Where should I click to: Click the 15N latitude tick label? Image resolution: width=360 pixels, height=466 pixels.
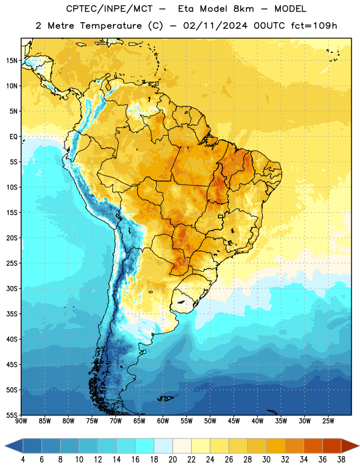[x=12, y=61]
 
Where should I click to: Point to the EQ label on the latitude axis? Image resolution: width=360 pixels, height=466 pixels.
[x=13, y=137]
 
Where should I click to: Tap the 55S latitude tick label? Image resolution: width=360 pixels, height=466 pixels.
[x=12, y=415]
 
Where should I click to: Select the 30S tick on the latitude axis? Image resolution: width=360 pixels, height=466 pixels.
[x=12, y=288]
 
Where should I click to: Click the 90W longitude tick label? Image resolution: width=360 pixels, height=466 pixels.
[x=21, y=421]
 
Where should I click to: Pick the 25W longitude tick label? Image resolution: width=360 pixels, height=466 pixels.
[x=328, y=421]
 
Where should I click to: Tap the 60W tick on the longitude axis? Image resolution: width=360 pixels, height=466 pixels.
[x=163, y=421]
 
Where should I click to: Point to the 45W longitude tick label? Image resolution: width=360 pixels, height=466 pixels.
[x=234, y=421]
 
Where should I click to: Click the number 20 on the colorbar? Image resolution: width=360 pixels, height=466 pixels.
[x=172, y=460]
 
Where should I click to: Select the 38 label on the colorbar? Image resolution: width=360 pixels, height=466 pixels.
[x=341, y=460]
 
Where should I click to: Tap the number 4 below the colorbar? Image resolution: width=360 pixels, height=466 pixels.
[x=23, y=460]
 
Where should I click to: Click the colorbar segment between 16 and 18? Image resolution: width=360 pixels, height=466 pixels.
[x=145, y=446]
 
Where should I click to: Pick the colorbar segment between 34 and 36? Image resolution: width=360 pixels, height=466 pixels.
[x=313, y=446]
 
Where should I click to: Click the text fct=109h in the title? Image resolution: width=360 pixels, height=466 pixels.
[x=314, y=26]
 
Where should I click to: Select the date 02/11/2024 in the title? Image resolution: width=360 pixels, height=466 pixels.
[x=215, y=26]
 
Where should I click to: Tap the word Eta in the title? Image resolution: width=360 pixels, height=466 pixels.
[x=186, y=9]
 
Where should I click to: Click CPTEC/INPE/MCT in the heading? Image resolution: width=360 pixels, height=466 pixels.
[x=110, y=9]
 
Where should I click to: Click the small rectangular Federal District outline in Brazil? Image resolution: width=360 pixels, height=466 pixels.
[x=221, y=216]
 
